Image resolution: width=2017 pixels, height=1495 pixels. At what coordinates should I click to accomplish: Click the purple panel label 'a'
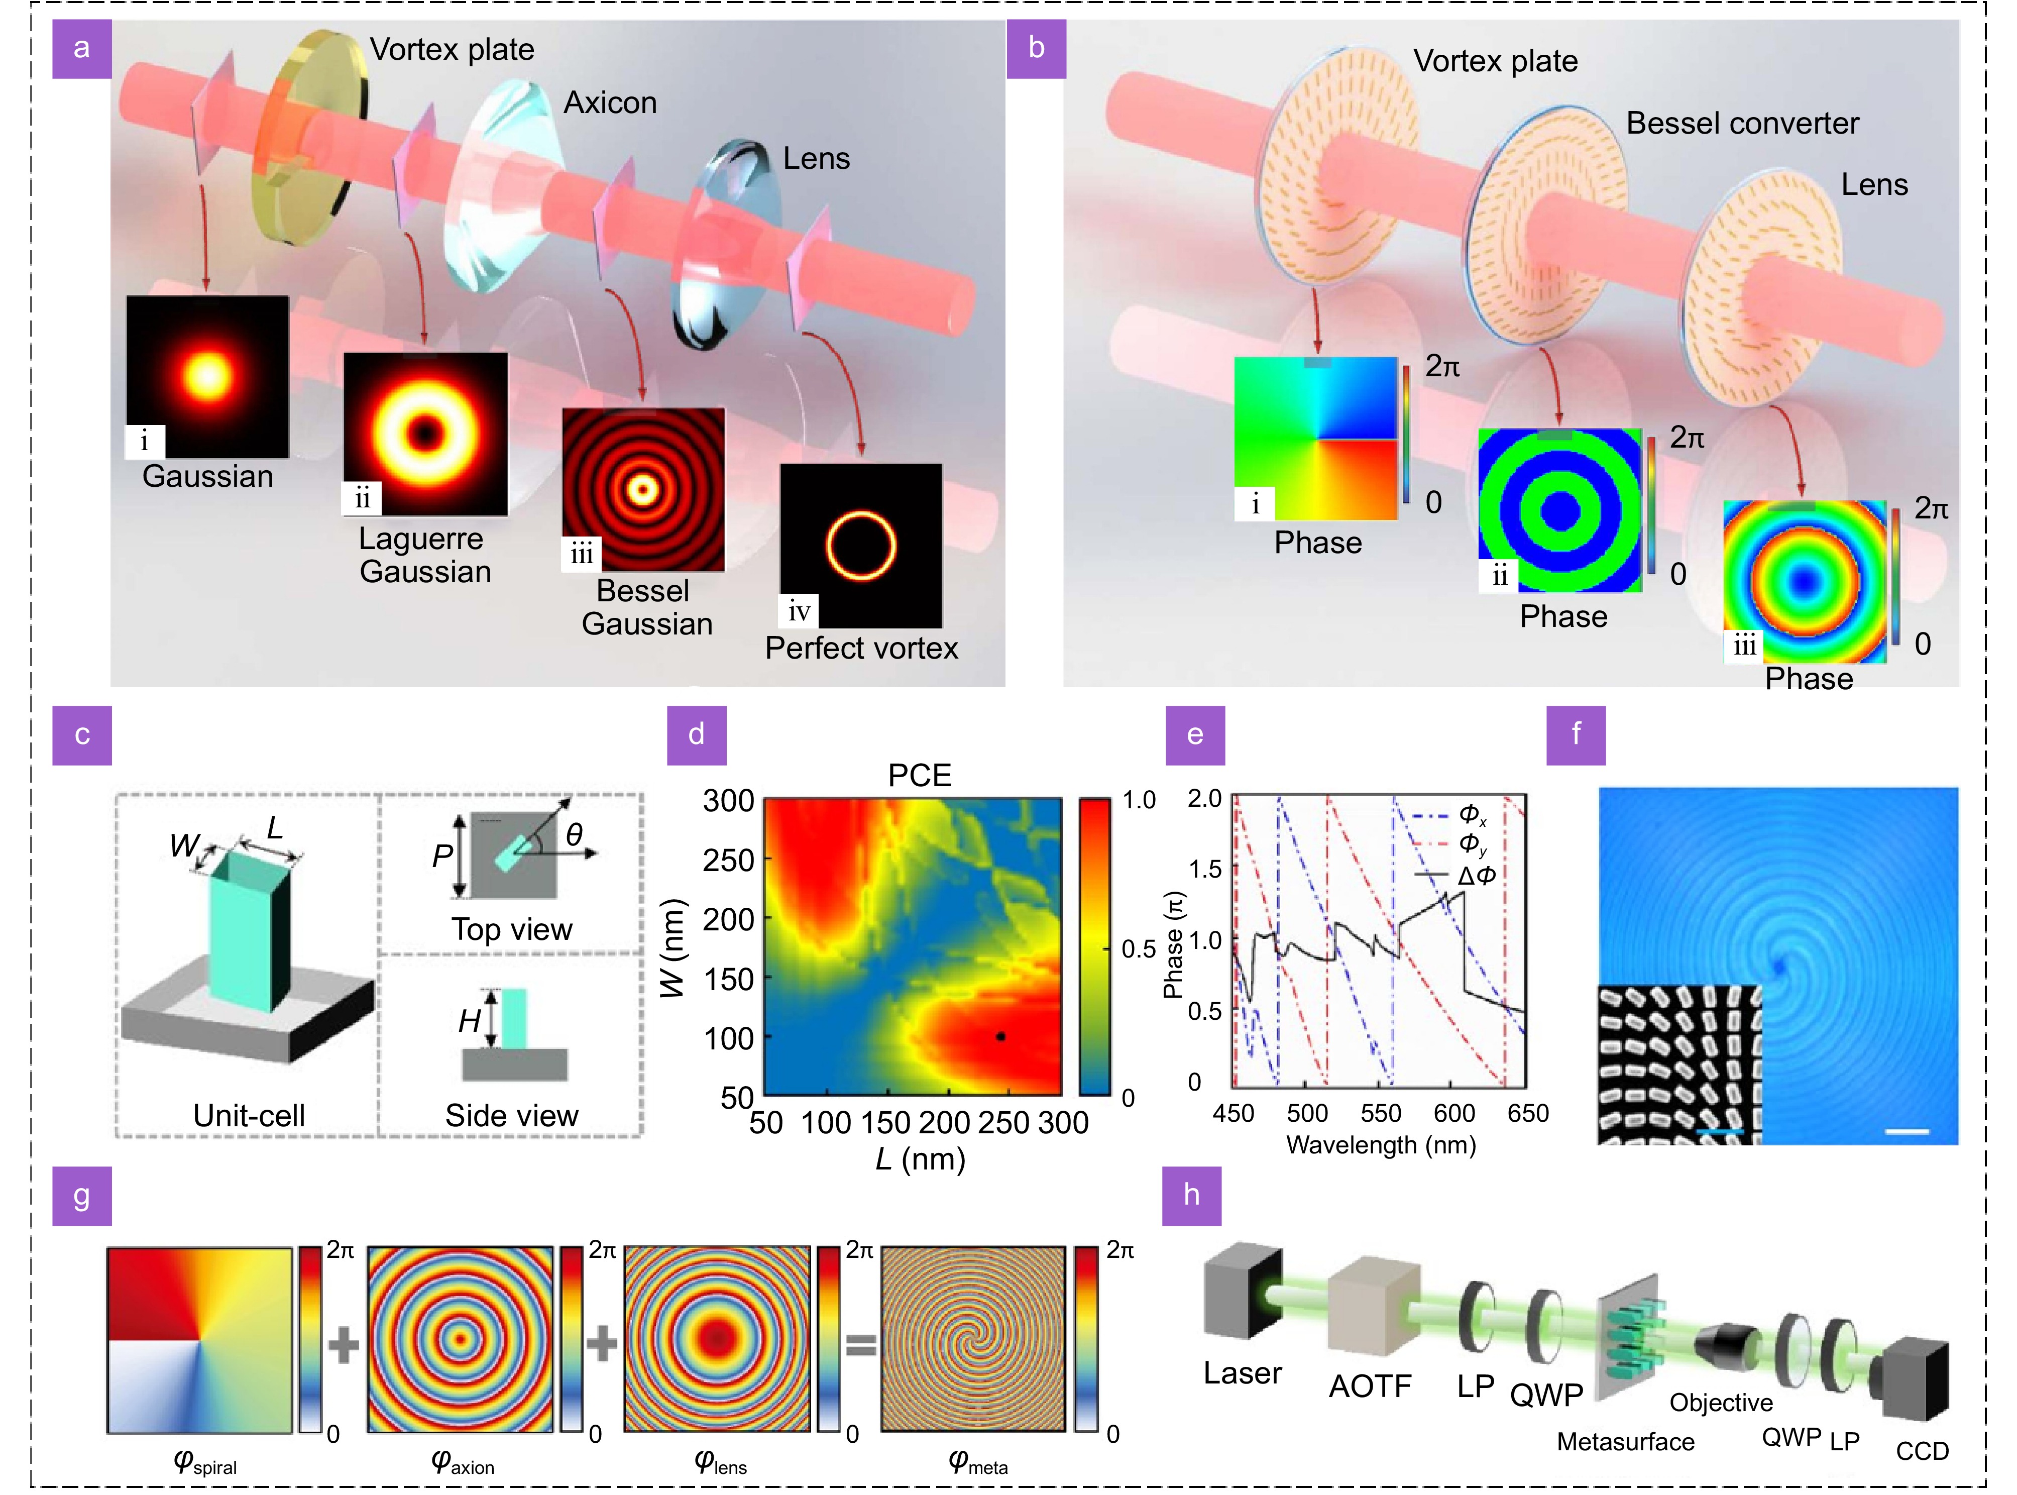[x=81, y=48]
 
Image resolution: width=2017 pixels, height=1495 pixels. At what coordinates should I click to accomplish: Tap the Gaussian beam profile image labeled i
[x=207, y=376]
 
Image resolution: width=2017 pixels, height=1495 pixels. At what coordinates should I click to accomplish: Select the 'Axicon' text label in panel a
[x=610, y=103]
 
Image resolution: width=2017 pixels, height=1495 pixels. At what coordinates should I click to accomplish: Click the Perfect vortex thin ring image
[x=860, y=546]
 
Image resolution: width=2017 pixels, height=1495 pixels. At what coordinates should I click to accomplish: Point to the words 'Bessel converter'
[x=1742, y=123]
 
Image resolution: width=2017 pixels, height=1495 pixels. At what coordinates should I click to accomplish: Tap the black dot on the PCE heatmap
[x=1000, y=1036]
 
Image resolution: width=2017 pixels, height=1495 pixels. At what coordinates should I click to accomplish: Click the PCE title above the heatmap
[x=920, y=776]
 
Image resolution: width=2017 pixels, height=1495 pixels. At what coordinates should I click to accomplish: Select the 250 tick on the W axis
[x=728, y=860]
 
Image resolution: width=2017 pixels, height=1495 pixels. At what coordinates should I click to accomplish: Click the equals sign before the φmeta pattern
[x=860, y=1346]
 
